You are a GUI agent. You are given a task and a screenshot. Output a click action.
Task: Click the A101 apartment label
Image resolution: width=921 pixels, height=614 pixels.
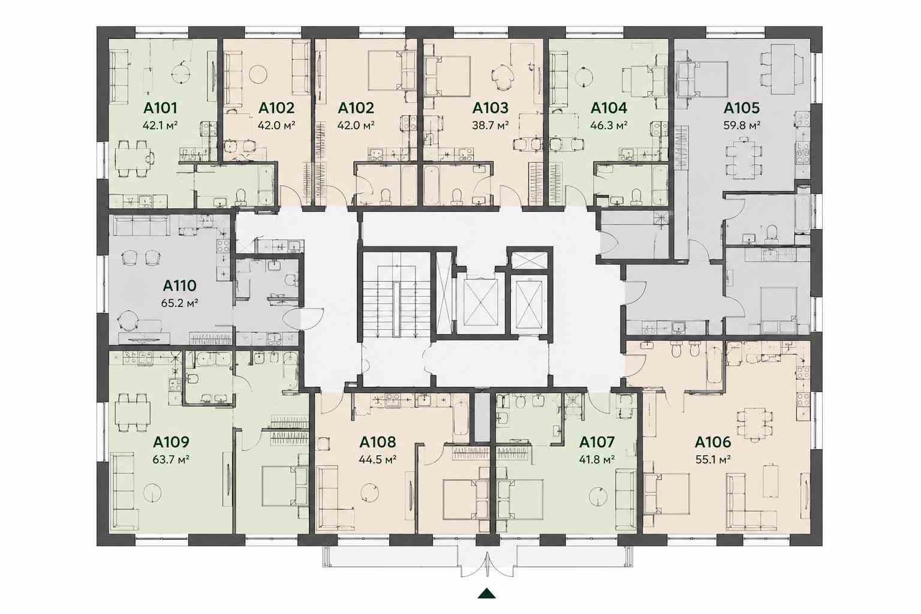click(x=160, y=108)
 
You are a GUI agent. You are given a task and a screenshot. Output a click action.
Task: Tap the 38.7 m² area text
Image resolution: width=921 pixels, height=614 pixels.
click(x=490, y=125)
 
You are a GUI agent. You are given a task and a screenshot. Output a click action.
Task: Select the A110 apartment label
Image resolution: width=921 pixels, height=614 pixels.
click(x=180, y=285)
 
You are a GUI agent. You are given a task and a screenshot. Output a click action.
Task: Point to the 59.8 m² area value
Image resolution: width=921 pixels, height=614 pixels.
click(x=742, y=125)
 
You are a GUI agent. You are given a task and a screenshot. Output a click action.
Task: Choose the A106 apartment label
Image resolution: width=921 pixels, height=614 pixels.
click(x=713, y=442)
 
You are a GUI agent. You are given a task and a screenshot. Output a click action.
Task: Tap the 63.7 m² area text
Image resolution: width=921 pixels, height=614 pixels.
click(x=171, y=459)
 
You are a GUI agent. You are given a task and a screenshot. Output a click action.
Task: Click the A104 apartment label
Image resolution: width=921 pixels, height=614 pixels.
click(x=609, y=108)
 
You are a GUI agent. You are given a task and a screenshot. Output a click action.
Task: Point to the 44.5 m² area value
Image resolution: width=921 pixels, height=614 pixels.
click(x=378, y=459)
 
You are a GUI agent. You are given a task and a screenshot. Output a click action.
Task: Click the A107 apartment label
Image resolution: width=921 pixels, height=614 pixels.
click(x=597, y=442)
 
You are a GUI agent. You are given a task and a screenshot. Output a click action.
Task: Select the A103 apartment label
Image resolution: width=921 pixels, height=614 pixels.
click(x=490, y=108)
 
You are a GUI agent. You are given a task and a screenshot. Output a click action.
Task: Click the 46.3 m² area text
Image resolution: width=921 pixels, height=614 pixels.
click(x=609, y=125)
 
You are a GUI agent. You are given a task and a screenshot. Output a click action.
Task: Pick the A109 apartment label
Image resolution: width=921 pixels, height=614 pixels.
click(x=171, y=442)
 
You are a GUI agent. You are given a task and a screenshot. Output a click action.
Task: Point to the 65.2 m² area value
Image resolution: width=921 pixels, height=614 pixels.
click(x=180, y=303)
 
